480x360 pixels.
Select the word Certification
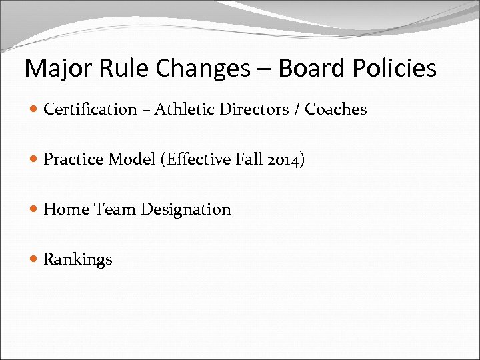click(90, 109)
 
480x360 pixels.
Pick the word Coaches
click(336, 109)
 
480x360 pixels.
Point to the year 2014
click(284, 159)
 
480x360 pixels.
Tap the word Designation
click(185, 209)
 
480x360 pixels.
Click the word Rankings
click(78, 259)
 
